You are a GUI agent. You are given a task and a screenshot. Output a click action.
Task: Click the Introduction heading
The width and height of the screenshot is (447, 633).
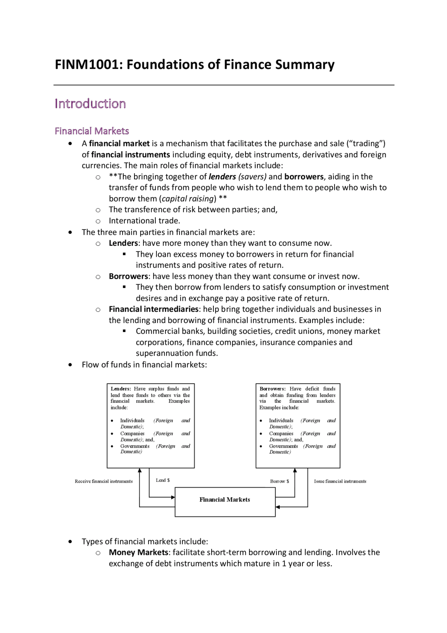[x=90, y=104]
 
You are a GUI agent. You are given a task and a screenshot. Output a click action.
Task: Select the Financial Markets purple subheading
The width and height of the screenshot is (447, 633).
[x=92, y=131]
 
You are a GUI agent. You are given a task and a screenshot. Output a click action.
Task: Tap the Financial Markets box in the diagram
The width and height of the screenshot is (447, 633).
[x=225, y=502]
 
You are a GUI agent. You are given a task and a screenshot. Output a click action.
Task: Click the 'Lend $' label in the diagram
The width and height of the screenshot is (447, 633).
[x=163, y=480]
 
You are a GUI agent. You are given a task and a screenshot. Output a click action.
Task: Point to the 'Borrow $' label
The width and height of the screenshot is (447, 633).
[x=279, y=481]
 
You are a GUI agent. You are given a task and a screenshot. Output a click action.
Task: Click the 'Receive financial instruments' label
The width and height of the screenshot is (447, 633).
[x=104, y=481]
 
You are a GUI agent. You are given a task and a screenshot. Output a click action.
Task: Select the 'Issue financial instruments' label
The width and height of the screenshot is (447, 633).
[x=340, y=481]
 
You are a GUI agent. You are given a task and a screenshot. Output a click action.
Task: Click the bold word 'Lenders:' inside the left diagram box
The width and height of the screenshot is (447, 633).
[x=121, y=389]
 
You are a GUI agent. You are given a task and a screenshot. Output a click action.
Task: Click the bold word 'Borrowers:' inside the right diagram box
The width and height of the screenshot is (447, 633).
[x=272, y=389]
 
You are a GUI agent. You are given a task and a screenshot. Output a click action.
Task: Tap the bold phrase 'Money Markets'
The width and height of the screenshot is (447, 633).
[x=138, y=552]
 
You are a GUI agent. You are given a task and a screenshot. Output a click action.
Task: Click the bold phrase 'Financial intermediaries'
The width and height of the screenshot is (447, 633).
[x=154, y=309]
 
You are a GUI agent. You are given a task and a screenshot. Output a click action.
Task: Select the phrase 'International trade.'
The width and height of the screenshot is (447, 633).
[x=144, y=221]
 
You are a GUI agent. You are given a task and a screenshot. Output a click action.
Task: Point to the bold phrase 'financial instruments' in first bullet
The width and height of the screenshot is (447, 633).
[x=131, y=154]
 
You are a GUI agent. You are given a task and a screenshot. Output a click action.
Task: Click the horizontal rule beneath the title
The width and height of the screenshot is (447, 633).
[x=223, y=85]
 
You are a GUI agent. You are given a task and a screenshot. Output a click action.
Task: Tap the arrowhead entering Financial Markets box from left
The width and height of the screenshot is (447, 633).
[x=173, y=497]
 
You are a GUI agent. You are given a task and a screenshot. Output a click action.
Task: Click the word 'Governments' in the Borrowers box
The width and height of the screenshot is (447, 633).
[x=283, y=446]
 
